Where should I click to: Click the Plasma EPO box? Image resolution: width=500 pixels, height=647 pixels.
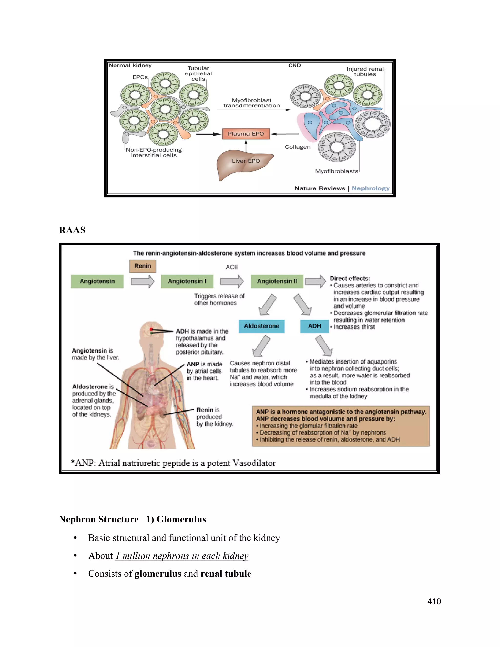coord(246,134)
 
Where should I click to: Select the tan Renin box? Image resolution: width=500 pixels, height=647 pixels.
coord(143,266)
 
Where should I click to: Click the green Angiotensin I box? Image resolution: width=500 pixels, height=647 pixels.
coord(187,281)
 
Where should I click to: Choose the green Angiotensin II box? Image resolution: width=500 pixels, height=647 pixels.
coord(277,281)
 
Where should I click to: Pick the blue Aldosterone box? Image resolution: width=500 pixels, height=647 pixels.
coord(261,326)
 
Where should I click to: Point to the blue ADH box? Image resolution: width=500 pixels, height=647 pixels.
coord(314,326)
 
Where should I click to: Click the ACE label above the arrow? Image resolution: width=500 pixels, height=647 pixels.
coord(232,267)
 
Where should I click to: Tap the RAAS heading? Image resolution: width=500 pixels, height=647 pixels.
coord(72,230)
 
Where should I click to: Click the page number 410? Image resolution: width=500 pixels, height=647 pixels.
coord(434,601)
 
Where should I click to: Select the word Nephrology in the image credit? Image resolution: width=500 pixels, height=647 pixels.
coord(371,188)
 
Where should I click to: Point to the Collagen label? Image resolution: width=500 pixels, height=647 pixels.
coord(297,147)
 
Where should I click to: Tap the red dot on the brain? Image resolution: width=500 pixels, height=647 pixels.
coord(151,329)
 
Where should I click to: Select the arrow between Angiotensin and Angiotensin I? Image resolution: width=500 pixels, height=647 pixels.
coord(143,282)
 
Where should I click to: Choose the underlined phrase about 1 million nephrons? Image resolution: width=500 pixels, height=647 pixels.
coord(182,556)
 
